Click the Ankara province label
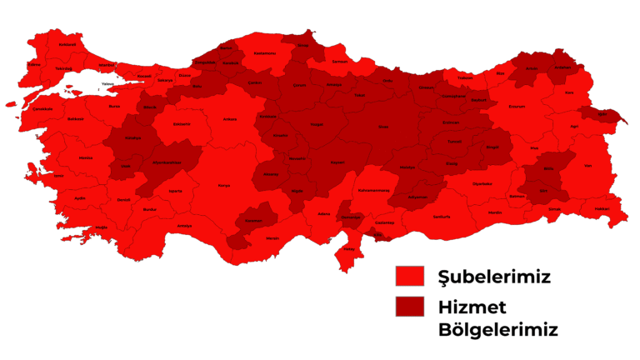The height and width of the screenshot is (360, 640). coord(230,119)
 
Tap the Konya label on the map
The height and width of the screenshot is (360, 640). coord(223,185)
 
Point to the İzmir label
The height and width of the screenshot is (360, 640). coord(57,176)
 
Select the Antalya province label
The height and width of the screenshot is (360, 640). coord(184,226)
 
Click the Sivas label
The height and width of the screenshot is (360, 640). coord(383,126)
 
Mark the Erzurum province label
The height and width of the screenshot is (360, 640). coord(517,107)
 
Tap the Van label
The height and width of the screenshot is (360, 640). coord(588,166)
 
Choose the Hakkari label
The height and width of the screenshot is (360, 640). coord(602,208)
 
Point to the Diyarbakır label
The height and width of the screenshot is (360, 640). coord(482,183)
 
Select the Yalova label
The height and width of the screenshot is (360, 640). coord(107,85)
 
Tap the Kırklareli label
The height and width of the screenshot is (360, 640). coord(44,44)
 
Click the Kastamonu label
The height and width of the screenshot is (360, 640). coord(265,53)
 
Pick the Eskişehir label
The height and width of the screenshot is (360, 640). coord(182,125)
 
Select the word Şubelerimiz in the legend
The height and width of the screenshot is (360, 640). coord(493,277)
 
